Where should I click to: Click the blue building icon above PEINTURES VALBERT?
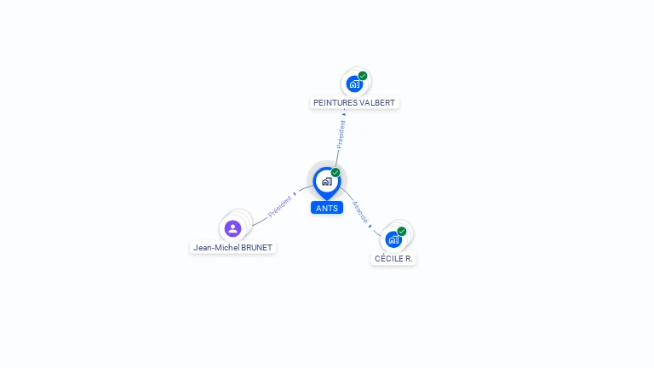click(354, 83)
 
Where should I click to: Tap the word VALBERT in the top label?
click(377, 102)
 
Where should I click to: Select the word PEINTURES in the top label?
click(336, 102)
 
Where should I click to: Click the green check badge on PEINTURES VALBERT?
click(363, 76)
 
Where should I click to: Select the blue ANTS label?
click(327, 208)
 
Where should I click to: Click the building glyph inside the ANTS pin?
click(327, 181)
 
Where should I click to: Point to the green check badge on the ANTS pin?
click(336, 172)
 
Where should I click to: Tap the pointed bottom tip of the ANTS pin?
click(327, 200)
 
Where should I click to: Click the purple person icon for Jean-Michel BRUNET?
click(232, 228)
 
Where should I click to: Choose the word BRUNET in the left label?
click(256, 247)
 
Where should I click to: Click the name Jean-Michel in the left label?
click(216, 247)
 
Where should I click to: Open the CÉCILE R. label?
click(393, 259)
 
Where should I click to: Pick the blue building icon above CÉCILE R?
click(393, 239)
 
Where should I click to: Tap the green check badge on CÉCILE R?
click(402, 231)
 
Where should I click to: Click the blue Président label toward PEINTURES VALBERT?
click(341, 135)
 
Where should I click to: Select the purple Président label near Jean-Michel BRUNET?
click(280, 206)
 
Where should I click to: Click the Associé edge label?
click(360, 212)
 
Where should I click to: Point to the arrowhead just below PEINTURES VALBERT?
click(344, 114)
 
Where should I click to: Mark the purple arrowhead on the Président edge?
click(295, 194)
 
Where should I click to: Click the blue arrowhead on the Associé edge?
click(370, 226)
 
